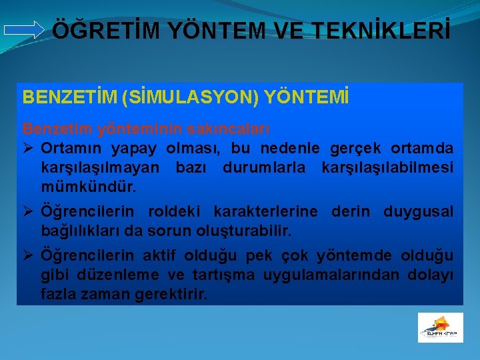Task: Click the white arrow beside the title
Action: click(x=24, y=30)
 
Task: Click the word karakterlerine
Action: click(x=270, y=211)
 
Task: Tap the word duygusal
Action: click(x=419, y=211)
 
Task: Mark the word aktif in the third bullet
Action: click(x=158, y=256)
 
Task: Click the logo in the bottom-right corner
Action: click(x=440, y=327)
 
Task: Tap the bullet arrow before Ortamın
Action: click(x=29, y=147)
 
